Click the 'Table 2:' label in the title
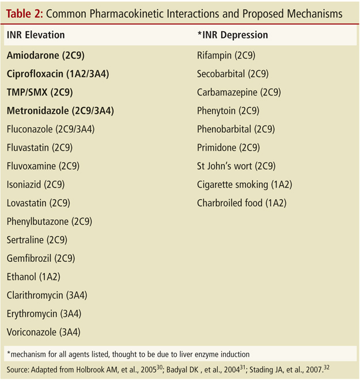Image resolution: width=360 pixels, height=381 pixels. click(x=25, y=13)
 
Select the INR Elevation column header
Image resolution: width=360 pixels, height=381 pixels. click(x=36, y=36)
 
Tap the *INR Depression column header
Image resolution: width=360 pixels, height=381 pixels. click(x=232, y=36)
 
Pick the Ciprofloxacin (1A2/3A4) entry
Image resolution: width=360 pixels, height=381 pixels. click(x=58, y=74)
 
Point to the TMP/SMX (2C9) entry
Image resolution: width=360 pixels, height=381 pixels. click(x=40, y=93)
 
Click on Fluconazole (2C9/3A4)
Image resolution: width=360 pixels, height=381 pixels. click(x=51, y=129)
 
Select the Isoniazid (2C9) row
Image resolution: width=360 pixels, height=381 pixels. click(x=36, y=185)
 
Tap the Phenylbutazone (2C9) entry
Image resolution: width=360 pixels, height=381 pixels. click(x=50, y=222)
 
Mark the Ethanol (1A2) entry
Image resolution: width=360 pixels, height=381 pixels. click(x=33, y=277)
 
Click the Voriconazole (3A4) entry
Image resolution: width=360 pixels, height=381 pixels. click(x=44, y=332)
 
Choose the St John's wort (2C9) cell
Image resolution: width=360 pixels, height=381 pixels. click(x=236, y=166)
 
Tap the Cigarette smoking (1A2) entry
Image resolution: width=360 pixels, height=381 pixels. click(x=244, y=185)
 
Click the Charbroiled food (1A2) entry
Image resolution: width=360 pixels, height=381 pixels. click(x=241, y=203)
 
